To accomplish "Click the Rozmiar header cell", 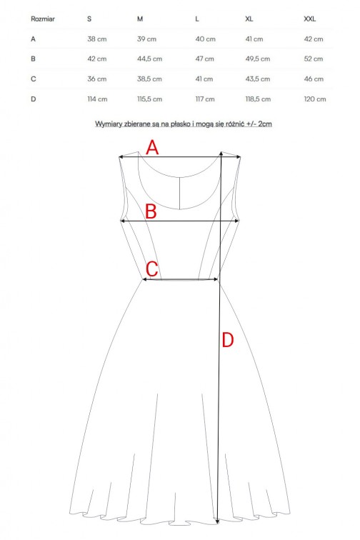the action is point(43,19).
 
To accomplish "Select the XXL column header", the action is point(309,19).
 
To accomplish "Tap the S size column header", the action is point(89,19).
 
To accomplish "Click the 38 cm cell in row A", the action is point(97,39).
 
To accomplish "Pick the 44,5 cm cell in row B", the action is point(149,59).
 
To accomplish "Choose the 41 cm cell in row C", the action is point(204,79).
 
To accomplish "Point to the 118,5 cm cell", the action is point(258,99).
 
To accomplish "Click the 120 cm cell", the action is point(314,99).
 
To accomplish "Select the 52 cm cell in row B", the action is point(313,59).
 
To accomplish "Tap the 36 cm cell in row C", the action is point(97,79).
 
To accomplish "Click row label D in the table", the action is point(34,99).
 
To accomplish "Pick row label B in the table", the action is point(33,59).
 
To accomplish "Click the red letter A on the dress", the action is point(152,147).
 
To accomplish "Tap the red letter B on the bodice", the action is point(151,211).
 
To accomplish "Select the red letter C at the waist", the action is point(152,269).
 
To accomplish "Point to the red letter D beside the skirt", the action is point(228,340).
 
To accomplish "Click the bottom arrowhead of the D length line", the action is point(217,521).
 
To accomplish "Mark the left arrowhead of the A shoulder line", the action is point(121,157).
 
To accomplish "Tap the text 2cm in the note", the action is point(265,124).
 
